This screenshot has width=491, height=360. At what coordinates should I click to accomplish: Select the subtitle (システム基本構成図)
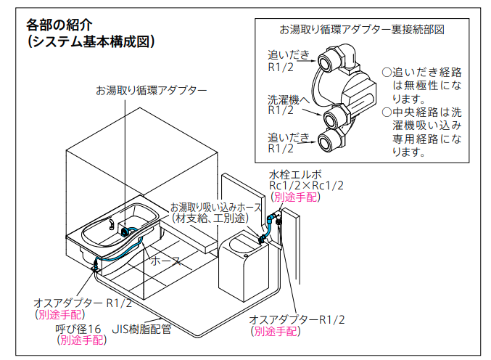(91, 42)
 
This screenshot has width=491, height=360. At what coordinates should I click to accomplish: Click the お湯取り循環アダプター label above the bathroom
(150, 91)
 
